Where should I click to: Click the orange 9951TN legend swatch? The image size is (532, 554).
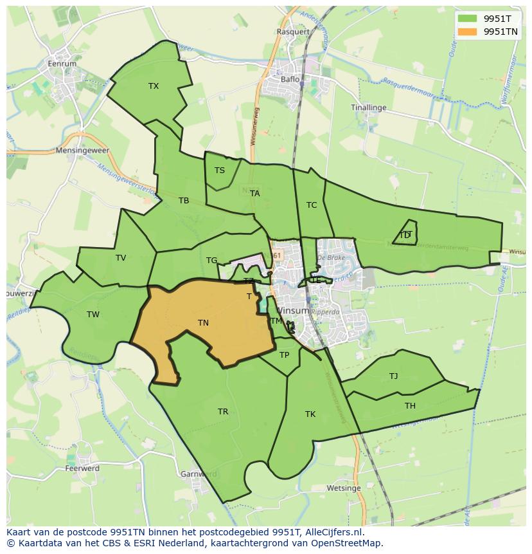(x=467, y=31)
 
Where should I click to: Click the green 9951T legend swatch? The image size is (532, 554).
(x=467, y=18)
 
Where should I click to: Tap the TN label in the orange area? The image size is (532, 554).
(x=203, y=323)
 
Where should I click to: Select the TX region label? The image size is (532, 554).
(x=154, y=86)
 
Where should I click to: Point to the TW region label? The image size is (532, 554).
(x=93, y=315)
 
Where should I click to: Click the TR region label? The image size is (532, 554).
(x=223, y=412)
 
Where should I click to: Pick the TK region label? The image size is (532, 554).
(x=310, y=414)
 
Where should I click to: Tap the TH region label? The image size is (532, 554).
(x=410, y=406)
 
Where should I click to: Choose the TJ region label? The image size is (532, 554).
(x=393, y=376)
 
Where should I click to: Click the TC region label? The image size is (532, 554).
(x=312, y=205)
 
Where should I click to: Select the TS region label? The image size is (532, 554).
(x=220, y=171)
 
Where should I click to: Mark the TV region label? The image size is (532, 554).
(x=121, y=258)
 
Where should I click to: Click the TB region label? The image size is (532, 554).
(x=184, y=201)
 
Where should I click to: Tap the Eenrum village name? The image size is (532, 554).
(x=62, y=64)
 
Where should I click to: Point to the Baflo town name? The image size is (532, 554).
(x=290, y=79)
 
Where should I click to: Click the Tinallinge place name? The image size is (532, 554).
(x=369, y=107)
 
